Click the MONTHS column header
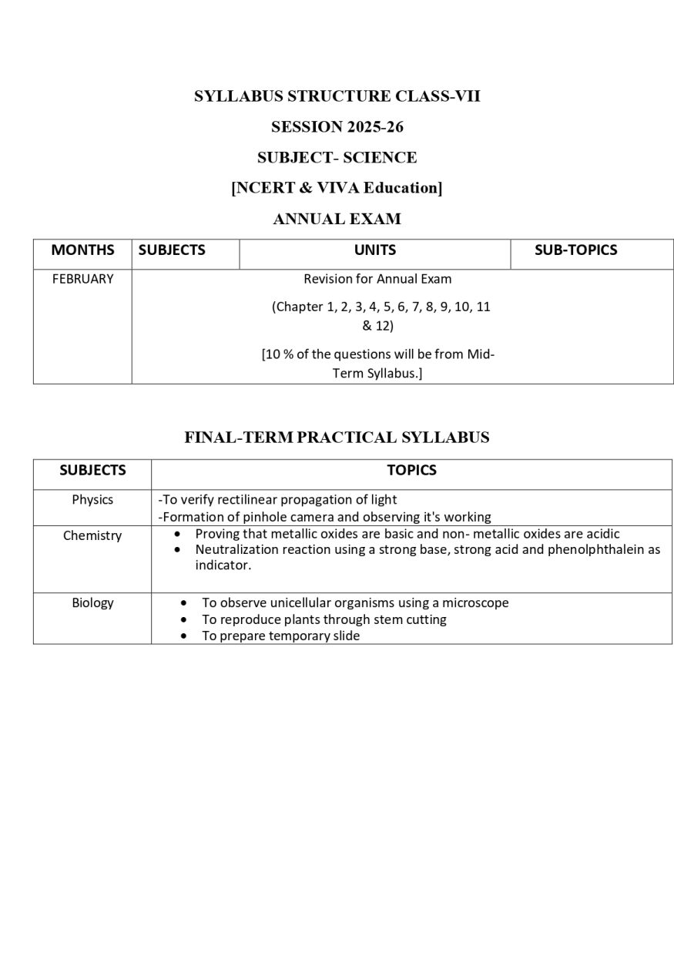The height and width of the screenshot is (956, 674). [x=82, y=250]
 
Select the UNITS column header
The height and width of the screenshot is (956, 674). [x=375, y=250]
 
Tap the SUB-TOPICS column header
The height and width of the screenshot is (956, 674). [x=575, y=250]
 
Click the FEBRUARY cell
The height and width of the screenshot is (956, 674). [x=82, y=279]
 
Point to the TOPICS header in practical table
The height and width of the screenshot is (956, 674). [x=411, y=471]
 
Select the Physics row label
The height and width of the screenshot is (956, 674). [x=92, y=500]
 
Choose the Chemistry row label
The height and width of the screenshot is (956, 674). [x=92, y=536]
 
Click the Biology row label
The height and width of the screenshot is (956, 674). [x=92, y=603]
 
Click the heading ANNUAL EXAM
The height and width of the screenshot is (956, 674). [x=337, y=220]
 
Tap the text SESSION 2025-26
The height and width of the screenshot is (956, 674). [x=337, y=127]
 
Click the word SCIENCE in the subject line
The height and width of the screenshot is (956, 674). [x=380, y=158]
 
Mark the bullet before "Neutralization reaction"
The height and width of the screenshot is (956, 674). [x=179, y=550]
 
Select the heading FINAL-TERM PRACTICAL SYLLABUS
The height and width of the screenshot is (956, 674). [x=337, y=438]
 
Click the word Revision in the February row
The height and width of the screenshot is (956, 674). [x=327, y=279]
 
